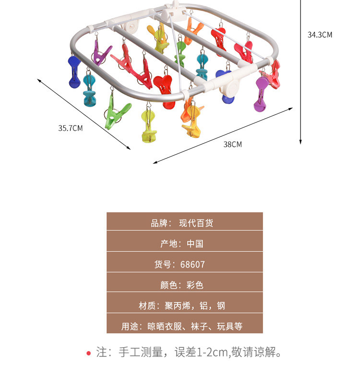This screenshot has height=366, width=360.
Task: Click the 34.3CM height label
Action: point(320,35)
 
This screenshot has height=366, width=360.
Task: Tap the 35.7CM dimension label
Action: point(71,128)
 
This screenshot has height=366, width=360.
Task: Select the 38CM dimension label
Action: point(233,144)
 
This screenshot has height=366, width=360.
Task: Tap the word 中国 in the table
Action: point(195,244)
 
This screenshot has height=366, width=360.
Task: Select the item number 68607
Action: point(192,264)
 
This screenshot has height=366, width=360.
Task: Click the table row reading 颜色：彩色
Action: point(184,285)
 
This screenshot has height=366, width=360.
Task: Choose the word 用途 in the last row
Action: point(131,327)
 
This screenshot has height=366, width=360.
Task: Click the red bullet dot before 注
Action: point(88,354)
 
